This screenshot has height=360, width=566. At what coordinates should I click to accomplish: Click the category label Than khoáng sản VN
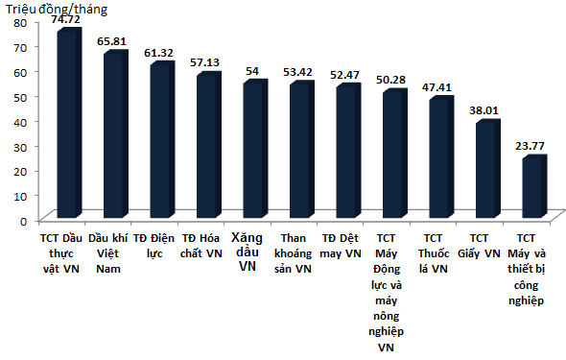293,253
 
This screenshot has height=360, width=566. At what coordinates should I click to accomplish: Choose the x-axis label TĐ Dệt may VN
340,245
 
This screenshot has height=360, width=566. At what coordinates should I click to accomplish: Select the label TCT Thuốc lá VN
434,253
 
